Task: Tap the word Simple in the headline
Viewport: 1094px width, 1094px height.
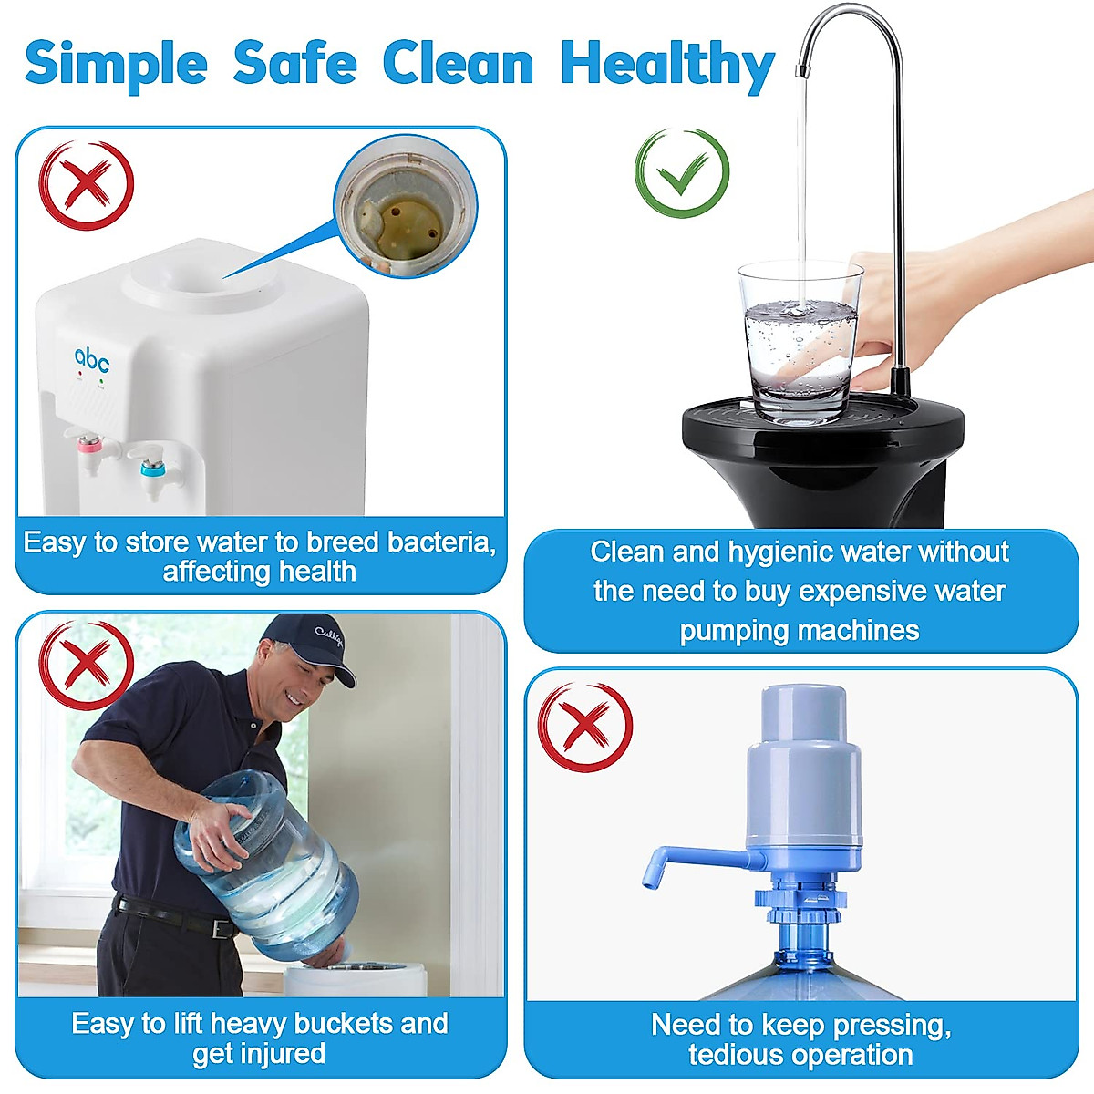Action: [116, 64]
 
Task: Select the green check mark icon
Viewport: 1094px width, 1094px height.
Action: [682, 173]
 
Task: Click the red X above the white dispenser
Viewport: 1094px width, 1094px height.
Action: [87, 185]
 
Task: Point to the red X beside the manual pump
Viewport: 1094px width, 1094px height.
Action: [585, 728]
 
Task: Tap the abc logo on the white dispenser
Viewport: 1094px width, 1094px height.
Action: [92, 360]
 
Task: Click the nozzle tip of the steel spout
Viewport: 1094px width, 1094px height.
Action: [803, 70]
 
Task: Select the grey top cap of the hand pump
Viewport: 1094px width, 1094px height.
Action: [802, 716]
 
